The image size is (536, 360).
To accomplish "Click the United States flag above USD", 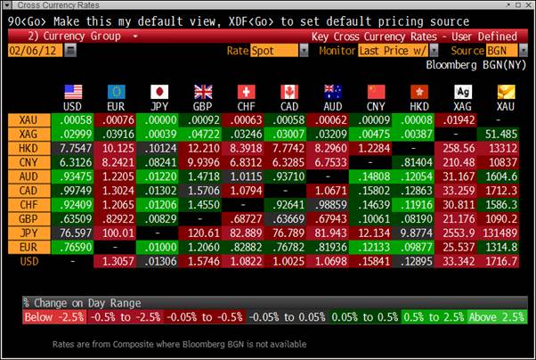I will [74, 91].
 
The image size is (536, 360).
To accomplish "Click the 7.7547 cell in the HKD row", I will [74, 147].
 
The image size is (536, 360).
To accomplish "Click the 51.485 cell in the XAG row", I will [504, 134].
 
